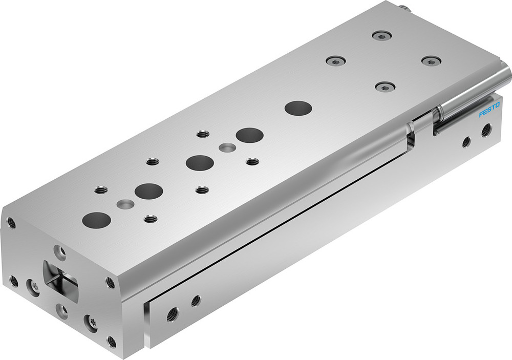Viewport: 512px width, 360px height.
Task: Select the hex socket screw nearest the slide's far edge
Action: [x=381, y=35]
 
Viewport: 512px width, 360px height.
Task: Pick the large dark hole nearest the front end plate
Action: [x=96, y=219]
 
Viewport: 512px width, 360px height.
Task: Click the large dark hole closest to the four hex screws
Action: [x=298, y=108]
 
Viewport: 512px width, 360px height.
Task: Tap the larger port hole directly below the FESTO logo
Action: [x=485, y=130]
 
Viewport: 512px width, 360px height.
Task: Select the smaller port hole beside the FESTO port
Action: [x=466, y=141]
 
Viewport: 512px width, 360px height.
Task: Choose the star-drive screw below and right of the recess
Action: [x=91, y=322]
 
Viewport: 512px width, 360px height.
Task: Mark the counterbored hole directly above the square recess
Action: [x=61, y=251]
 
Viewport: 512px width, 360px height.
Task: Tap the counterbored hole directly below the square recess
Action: [x=61, y=310]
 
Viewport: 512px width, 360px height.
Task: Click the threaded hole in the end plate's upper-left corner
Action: [x=11, y=222]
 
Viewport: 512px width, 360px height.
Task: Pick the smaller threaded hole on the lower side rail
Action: [x=196, y=301]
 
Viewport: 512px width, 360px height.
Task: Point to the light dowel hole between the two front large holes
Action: [x=124, y=204]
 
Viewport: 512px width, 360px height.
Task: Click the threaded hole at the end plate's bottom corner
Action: [x=112, y=340]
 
